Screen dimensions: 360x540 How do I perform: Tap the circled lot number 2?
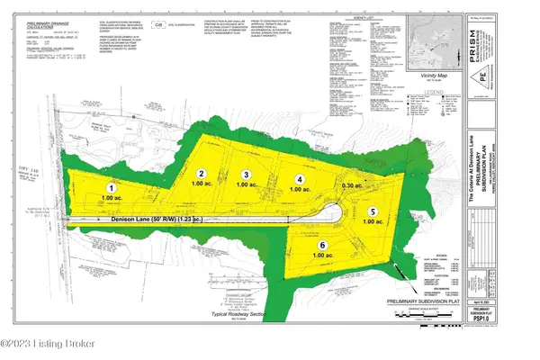pyautogui.click(x=202, y=173)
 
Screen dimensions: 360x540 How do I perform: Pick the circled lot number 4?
pyautogui.click(x=301, y=178)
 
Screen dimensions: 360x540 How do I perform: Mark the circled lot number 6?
pyautogui.click(x=321, y=244)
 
